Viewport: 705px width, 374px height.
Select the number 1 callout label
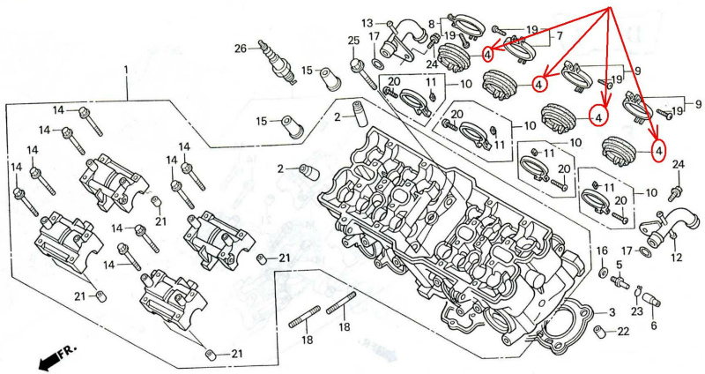126,70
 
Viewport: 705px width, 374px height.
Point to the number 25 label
353,41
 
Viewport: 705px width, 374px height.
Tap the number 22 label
624,332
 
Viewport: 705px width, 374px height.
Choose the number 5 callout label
619,264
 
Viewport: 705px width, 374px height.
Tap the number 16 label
603,251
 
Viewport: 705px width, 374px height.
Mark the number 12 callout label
676,258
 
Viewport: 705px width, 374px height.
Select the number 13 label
367,22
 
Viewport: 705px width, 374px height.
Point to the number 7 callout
558,36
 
